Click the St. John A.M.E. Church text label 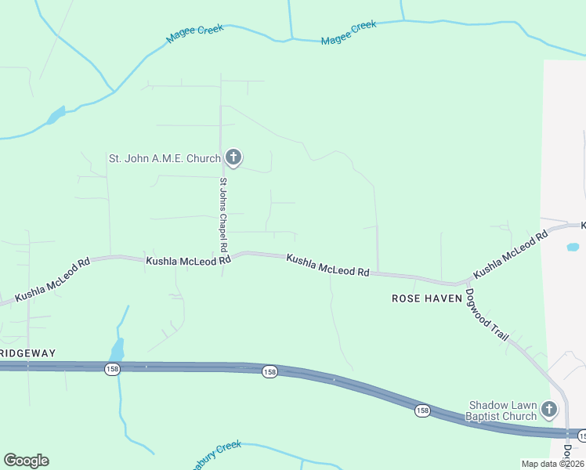point(165,158)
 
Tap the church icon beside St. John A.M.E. point(233,157)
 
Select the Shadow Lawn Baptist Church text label point(503,410)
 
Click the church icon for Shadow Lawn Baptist point(550,409)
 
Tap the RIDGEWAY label point(28,353)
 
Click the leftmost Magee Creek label point(195,34)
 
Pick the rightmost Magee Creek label point(349,32)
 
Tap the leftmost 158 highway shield point(113,369)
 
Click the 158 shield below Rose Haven point(422,410)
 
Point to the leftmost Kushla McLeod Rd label point(52,277)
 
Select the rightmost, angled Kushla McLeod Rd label point(511,255)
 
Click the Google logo point(26,461)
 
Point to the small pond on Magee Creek point(56,116)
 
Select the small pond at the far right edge point(573,247)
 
